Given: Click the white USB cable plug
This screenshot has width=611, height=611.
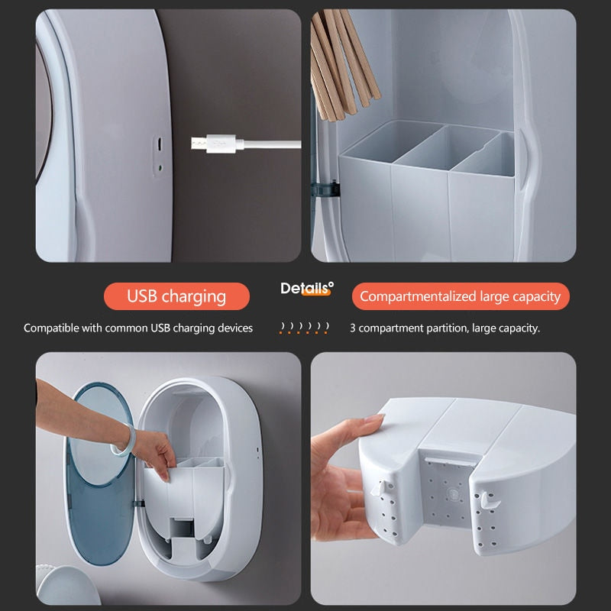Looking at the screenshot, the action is [214, 144].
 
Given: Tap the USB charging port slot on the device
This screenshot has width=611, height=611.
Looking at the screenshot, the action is [159, 144].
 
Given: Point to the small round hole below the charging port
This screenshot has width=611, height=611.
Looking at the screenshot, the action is [160, 168].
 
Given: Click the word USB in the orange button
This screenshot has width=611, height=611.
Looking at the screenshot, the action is [142, 296].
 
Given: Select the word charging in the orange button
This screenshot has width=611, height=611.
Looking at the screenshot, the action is [194, 297].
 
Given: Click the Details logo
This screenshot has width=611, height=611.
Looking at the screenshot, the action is [307, 289].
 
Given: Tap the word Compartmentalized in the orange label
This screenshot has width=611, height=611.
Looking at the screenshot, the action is [418, 296].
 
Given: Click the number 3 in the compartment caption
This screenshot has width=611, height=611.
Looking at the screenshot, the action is [353, 328].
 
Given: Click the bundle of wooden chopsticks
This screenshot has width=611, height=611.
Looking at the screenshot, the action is [343, 64].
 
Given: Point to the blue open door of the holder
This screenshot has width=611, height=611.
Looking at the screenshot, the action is [100, 474].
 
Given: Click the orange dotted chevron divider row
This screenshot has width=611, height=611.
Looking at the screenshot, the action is [304, 328].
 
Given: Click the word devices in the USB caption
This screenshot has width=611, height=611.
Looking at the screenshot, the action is [235, 328].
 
